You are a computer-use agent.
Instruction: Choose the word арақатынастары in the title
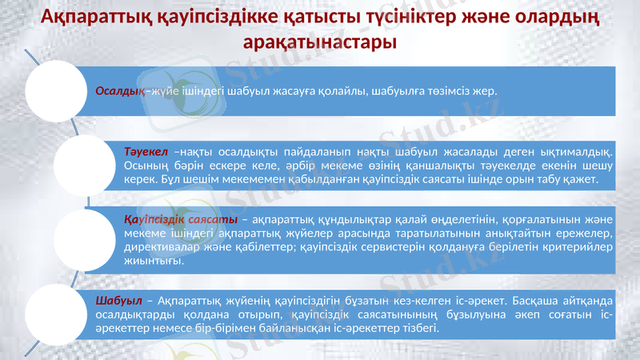coord(319,40)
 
